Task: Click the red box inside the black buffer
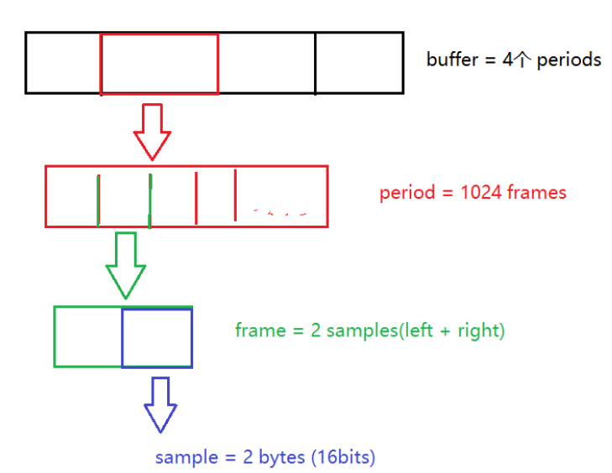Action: pyautogui.click(x=160, y=64)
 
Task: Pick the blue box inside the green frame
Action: pyautogui.click(x=157, y=337)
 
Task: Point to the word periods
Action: pyautogui.click(x=569, y=60)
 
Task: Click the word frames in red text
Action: pyautogui.click(x=536, y=193)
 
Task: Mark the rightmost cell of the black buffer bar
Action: pyautogui.click(x=359, y=63)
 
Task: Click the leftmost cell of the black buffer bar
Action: pyautogui.click(x=63, y=63)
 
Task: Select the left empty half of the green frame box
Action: pyautogui.click(x=88, y=337)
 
